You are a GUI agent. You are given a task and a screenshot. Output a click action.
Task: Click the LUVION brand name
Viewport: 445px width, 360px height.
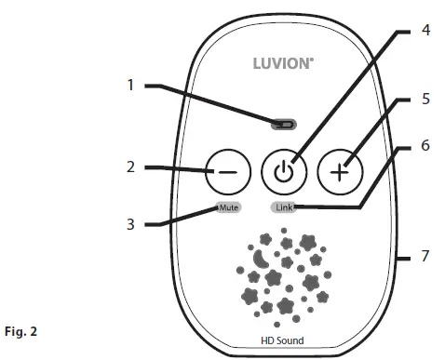(x=284, y=66)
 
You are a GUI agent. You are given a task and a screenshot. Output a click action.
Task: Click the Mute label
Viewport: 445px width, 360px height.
(x=228, y=207)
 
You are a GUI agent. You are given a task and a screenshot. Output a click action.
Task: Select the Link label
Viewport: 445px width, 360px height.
(x=285, y=207)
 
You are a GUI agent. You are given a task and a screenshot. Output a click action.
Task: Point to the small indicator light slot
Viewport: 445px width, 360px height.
(x=283, y=123)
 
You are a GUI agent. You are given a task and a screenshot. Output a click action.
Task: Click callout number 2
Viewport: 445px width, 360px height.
(x=132, y=168)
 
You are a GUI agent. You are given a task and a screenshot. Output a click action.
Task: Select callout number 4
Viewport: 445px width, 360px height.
(x=425, y=30)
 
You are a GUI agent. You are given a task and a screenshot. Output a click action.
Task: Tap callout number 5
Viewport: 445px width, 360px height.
(x=425, y=97)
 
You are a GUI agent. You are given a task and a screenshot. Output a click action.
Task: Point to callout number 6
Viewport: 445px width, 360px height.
(x=425, y=146)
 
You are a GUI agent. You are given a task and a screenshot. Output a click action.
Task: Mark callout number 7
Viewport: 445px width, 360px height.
(x=425, y=256)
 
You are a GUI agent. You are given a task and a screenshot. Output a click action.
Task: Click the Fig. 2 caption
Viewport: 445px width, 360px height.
(x=23, y=330)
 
